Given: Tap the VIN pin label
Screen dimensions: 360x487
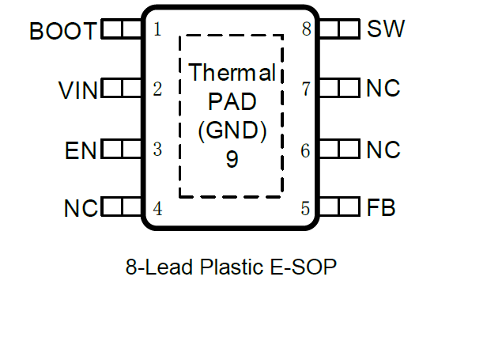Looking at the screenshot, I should (x=79, y=90).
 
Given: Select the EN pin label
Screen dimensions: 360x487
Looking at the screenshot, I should (x=81, y=150).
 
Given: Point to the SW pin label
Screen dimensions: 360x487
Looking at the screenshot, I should (x=386, y=30).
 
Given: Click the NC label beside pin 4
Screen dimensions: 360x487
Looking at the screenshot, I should (x=81, y=209).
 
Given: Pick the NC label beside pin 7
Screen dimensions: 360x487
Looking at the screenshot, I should (x=383, y=89).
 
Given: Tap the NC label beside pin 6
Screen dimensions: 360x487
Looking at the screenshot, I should (x=383, y=149).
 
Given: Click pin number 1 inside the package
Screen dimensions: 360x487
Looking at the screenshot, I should (x=157, y=30).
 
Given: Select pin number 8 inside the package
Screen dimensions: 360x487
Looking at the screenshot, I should (x=306, y=30).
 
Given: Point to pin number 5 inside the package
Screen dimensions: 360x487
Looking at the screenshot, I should (x=306, y=209).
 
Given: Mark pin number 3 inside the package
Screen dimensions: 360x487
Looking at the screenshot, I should (x=157, y=149).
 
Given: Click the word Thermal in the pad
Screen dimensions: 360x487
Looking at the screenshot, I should (x=232, y=74).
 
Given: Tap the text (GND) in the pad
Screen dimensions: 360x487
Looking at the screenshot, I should (x=232, y=130).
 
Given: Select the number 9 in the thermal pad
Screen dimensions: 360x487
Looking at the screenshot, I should (x=232, y=159).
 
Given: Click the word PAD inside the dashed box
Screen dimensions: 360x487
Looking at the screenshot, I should (x=232, y=102).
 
